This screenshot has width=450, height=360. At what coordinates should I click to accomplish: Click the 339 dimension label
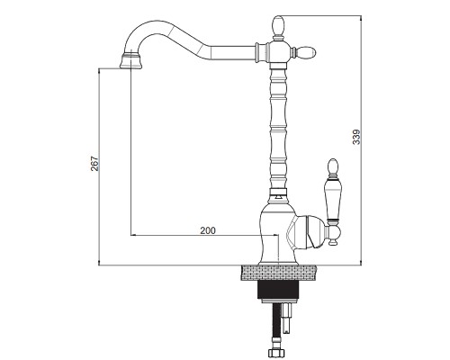point(356,137)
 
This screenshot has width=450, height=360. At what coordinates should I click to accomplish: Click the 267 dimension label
point(94,164)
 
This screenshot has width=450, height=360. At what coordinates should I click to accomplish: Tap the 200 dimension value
point(208,230)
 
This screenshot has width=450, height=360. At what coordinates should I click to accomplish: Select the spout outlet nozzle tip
point(130,61)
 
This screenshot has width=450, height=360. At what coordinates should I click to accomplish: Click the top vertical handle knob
point(278,25)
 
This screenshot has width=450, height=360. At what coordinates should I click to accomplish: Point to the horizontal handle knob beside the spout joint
point(306,52)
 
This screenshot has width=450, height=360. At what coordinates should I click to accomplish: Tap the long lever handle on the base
point(333,200)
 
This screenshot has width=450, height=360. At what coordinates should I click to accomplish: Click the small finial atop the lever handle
point(333,167)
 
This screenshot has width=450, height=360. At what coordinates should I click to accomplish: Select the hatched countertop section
point(279,273)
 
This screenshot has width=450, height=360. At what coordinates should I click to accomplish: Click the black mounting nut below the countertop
point(278,290)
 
